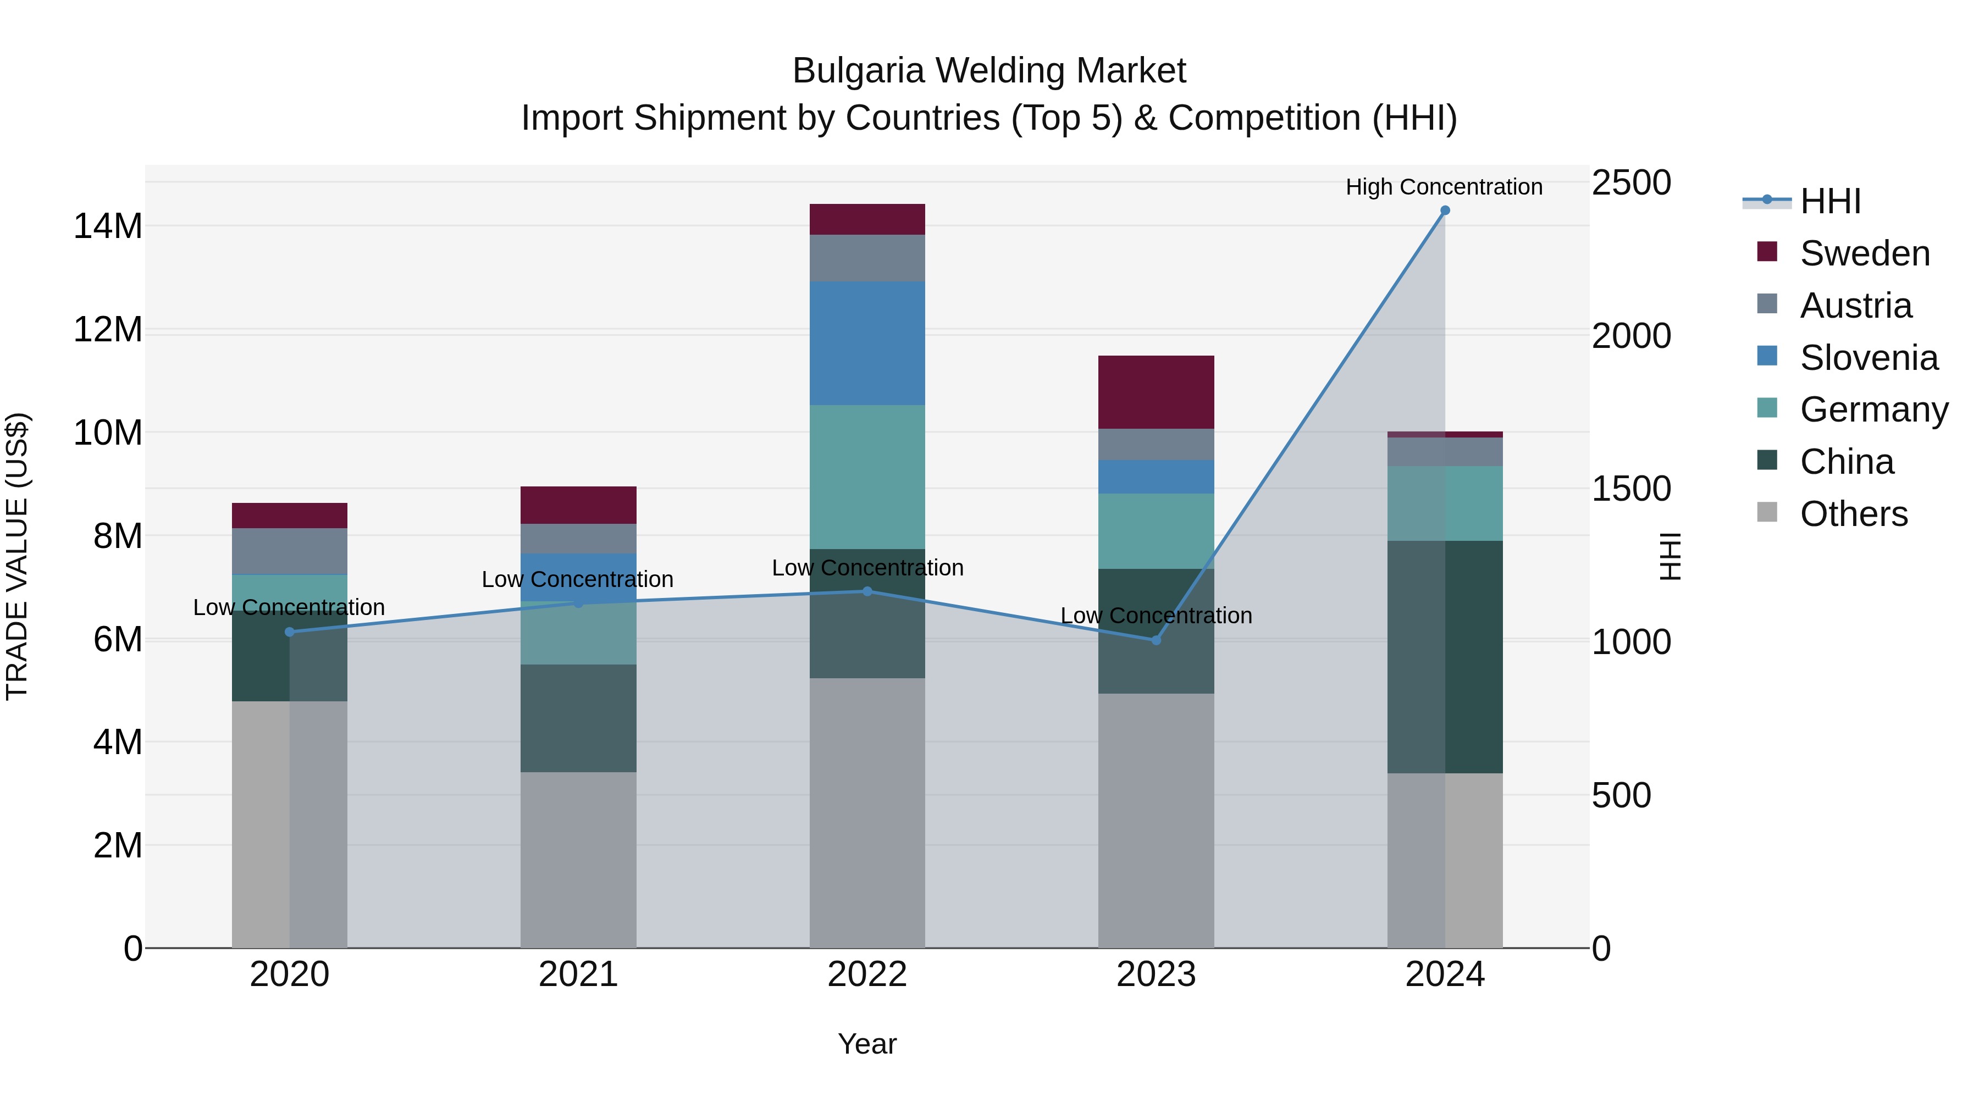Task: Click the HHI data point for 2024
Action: [1444, 211]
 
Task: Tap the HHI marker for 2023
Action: [1156, 640]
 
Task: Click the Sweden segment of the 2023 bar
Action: [1156, 392]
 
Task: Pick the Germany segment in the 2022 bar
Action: [867, 476]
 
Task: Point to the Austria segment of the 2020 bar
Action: [290, 551]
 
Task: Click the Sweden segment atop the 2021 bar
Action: [578, 505]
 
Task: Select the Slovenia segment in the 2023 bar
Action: [1156, 476]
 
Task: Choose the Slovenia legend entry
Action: [1869, 358]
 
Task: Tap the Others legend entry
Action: [1853, 514]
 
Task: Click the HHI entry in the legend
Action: [1830, 201]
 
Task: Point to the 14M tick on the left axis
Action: [108, 226]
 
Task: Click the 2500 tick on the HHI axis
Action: [1631, 183]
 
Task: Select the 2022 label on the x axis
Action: [867, 974]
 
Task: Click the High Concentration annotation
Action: [1444, 187]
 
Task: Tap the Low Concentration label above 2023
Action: [1156, 615]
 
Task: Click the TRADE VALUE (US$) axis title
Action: [17, 556]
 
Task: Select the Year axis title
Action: [867, 1044]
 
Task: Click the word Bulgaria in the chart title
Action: [858, 71]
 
